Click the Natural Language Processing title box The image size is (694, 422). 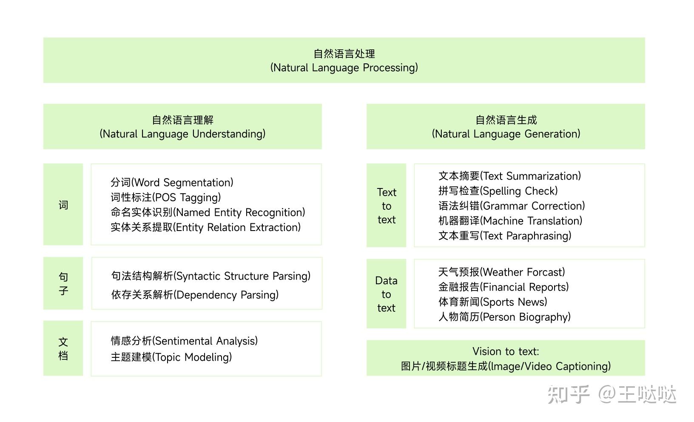344,60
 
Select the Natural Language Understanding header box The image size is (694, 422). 182,126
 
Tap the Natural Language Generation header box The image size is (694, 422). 506,126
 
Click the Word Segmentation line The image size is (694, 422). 172,182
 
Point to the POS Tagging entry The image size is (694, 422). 166,197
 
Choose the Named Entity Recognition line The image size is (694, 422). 208,212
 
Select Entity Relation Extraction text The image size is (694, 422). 206,227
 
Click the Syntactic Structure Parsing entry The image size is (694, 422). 211,276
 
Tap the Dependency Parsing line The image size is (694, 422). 195,295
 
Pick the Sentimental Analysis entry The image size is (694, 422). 184,341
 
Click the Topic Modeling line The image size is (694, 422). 171,357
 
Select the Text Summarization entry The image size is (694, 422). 509,176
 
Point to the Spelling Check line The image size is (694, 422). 498,191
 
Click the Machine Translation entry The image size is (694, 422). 510,221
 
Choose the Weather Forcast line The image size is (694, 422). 502,272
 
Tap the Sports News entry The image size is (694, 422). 493,302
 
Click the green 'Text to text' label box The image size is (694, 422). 386,205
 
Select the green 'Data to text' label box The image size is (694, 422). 386,294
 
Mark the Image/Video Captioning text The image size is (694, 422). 506,366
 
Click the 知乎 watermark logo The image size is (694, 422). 568,394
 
